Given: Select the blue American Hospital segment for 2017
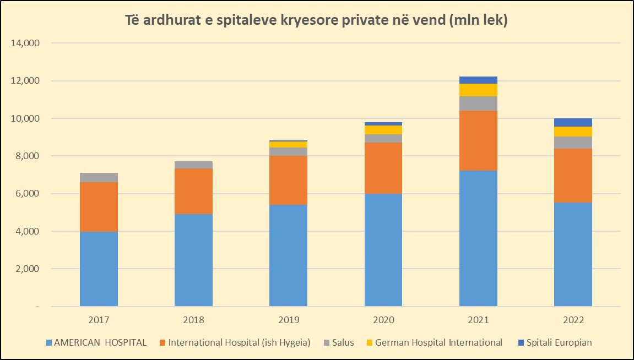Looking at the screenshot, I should click(x=99, y=269).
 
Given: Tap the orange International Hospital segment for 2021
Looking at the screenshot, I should click(x=478, y=140).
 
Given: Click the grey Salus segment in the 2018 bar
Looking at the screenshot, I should click(x=193, y=165).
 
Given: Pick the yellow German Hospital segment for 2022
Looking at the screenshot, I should click(x=573, y=131).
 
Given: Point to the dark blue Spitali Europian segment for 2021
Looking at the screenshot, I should click(x=478, y=80).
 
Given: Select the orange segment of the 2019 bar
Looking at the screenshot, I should click(x=288, y=180).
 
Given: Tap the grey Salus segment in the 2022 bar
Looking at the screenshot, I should click(x=573, y=142).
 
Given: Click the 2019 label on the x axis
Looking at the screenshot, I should click(x=288, y=320).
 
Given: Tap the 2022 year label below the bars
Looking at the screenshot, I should click(x=573, y=320).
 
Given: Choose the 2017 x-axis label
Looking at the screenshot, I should click(x=99, y=320).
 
